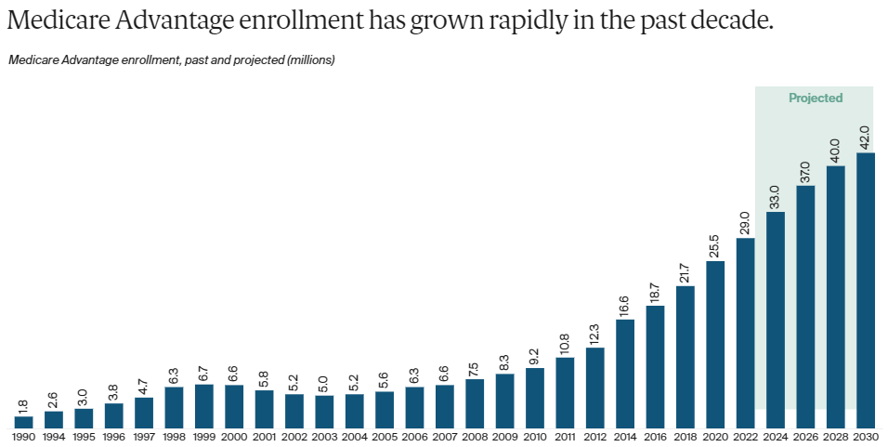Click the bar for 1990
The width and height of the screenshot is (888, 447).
(23, 422)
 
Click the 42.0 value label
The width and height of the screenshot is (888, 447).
(866, 138)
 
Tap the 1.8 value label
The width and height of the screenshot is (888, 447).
(24, 407)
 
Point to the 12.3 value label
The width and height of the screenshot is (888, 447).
(595, 332)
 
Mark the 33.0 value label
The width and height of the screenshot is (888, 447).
(776, 196)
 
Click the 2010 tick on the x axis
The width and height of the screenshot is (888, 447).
(535, 437)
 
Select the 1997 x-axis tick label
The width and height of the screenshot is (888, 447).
(144, 437)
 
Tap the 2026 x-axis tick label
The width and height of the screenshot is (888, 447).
(805, 437)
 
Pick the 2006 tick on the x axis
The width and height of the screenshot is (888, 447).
(414, 437)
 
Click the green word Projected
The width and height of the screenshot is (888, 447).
(816, 98)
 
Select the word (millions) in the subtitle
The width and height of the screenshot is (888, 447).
(311, 60)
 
